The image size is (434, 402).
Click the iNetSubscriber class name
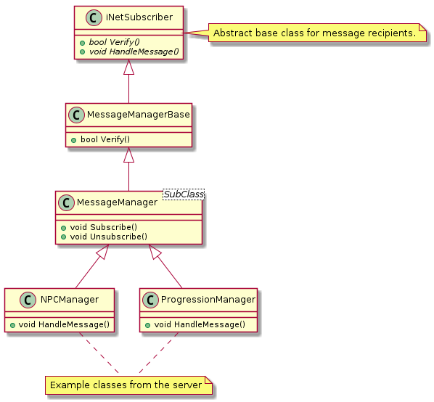point(139,17)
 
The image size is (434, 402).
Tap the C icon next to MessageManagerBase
point(76,115)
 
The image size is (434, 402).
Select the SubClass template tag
point(184,194)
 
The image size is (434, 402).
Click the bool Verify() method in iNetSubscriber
point(114,42)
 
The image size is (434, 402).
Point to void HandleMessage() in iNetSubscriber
point(134,52)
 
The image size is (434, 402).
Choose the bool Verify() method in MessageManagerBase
point(105,139)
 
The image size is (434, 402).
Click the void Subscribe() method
point(104,227)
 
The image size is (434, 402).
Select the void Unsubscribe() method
point(109,237)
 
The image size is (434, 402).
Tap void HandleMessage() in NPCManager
point(64,324)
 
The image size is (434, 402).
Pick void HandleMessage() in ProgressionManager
point(200,324)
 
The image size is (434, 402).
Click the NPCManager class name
point(70,300)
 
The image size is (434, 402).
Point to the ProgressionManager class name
point(208,300)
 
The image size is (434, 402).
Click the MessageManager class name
point(117,202)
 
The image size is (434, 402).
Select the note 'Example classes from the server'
point(128,385)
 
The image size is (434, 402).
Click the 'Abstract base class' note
point(317,33)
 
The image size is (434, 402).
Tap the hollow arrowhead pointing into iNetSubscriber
point(128,67)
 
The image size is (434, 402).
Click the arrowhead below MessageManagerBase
point(128,155)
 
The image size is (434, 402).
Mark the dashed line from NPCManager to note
point(99,353)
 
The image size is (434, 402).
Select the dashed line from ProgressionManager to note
point(158,353)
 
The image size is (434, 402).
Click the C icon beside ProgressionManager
point(150,300)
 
